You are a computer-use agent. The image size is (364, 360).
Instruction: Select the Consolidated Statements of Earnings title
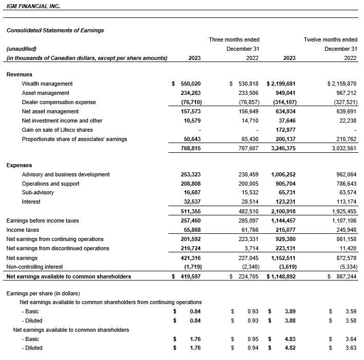55,30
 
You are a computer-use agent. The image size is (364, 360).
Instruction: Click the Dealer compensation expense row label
59,102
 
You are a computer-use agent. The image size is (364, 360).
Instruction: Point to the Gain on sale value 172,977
284,130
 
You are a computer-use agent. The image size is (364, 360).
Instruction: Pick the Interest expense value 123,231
284,202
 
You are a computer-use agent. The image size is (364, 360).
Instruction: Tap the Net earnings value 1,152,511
281,258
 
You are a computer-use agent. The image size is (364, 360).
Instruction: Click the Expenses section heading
19,165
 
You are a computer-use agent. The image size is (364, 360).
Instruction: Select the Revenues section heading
20,74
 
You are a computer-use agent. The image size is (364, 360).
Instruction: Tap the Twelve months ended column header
330,39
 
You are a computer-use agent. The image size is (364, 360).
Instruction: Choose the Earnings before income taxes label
42,221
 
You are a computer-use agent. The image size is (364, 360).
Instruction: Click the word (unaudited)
21,49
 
